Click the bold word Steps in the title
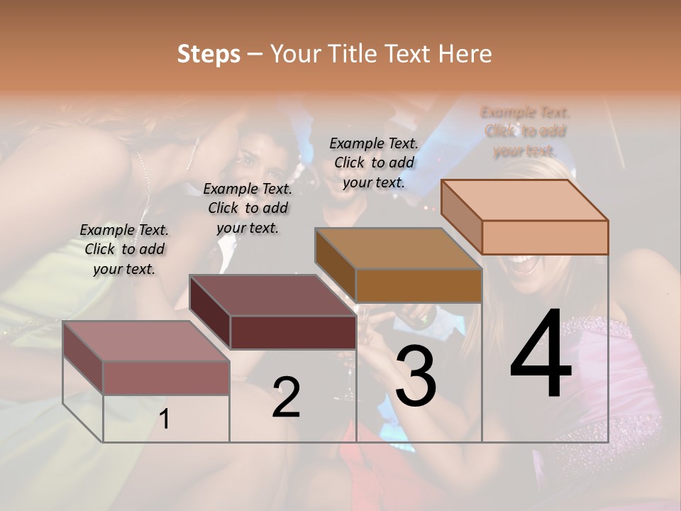tap(209, 54)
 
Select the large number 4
tap(541, 355)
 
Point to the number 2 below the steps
tap(286, 397)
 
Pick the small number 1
tap(165, 419)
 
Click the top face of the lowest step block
tap(145, 341)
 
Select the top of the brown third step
tap(398, 248)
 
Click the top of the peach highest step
tap(524, 200)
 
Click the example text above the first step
tap(124, 249)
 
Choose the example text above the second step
tap(248, 208)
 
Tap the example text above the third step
tap(374, 163)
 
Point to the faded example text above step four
tap(525, 131)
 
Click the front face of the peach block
tap(545, 237)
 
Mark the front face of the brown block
tap(419, 285)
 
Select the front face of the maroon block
tap(293, 332)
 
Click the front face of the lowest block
tap(166, 378)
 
